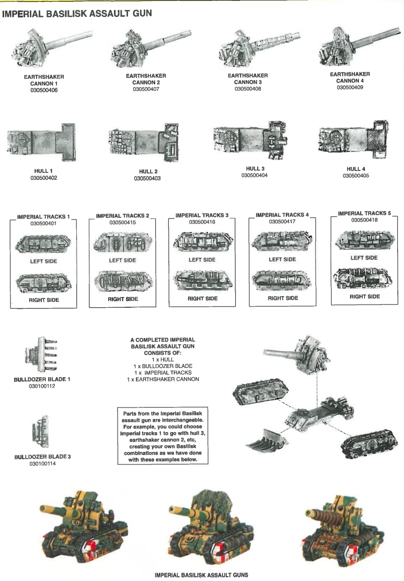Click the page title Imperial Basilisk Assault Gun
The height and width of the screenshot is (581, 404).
pyautogui.click(x=77, y=14)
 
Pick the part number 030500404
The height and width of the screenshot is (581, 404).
pyautogui.click(x=255, y=176)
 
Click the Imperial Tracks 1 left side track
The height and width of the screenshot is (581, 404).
pyautogui.click(x=43, y=243)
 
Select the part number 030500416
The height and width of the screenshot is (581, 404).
pyautogui.click(x=202, y=222)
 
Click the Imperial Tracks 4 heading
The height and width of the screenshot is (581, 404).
pyautogui.click(x=282, y=215)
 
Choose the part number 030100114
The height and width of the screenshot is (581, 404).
pyautogui.click(x=42, y=463)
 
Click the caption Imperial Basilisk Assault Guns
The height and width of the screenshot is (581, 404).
pyautogui.click(x=201, y=575)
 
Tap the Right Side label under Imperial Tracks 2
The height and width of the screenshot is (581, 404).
pyautogui.click(x=123, y=299)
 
